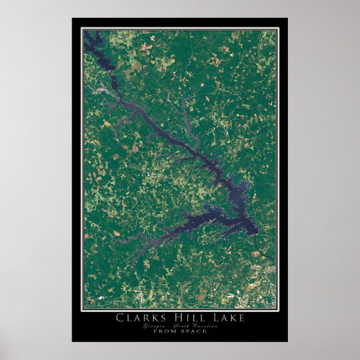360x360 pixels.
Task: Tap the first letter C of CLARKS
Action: [120, 318]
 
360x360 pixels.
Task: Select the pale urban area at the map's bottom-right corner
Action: [263, 280]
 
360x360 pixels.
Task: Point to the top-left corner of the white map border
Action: [83, 29]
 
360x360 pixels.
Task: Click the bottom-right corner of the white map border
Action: [276, 309]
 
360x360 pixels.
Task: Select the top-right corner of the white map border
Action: [276, 29]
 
